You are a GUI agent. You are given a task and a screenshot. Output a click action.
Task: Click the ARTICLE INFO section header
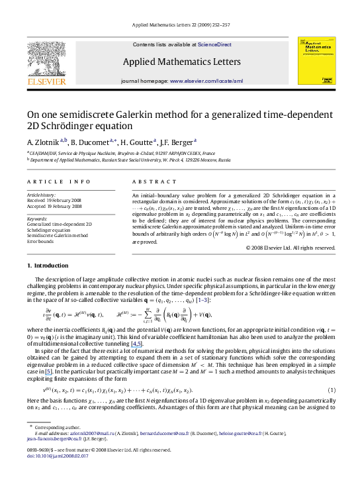click(50, 181)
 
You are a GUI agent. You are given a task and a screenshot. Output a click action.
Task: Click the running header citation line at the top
click(180, 25)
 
